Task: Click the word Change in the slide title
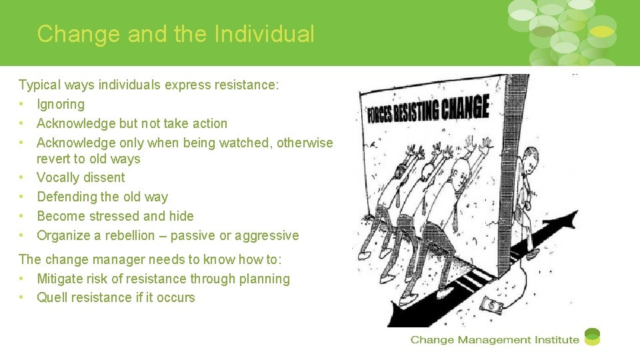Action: coord(79,34)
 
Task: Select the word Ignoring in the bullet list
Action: coord(61,105)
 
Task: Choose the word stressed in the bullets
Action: coord(113,216)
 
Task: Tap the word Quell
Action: coord(53,298)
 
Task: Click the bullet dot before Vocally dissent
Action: coord(22,178)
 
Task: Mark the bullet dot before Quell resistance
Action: coord(22,298)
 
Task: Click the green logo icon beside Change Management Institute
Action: coord(592,337)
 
